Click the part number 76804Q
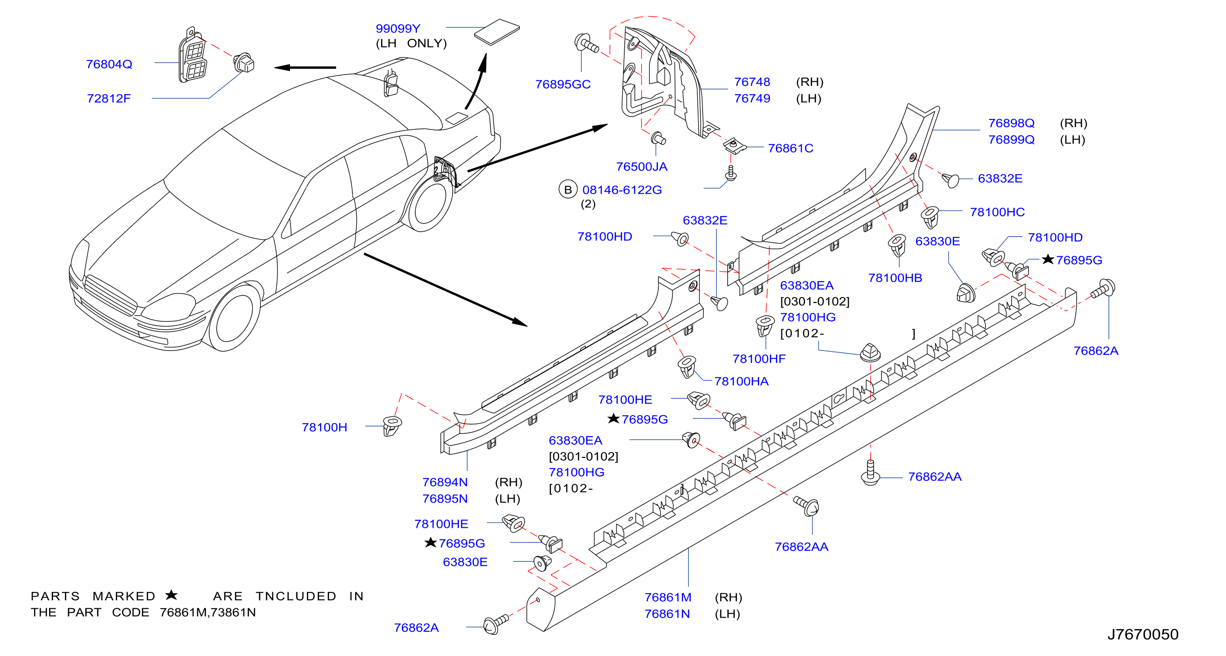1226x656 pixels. click(x=109, y=64)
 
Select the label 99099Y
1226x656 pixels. click(x=398, y=29)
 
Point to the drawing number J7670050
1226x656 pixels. click(x=1143, y=634)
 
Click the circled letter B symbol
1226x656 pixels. click(x=568, y=190)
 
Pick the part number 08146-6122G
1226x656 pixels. click(x=622, y=190)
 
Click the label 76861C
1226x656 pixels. click(x=791, y=149)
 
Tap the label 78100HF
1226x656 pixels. click(x=759, y=359)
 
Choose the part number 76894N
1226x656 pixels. click(x=445, y=482)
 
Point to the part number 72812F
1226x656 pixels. click(x=108, y=99)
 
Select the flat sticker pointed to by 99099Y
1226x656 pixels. click(x=497, y=31)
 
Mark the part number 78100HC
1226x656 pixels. click(x=997, y=212)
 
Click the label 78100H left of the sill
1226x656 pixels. click(x=325, y=427)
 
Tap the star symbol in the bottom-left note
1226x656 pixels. click(x=172, y=595)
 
